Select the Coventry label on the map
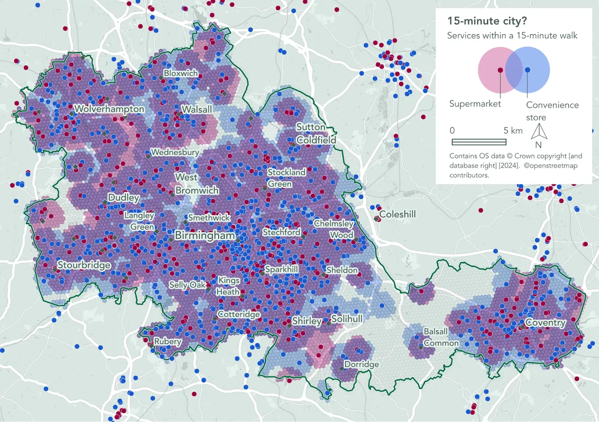pyautogui.click(x=545, y=323)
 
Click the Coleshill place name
pyautogui.click(x=397, y=214)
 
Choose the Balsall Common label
pyautogui.click(x=441, y=338)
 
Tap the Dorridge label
pyautogui.click(x=362, y=365)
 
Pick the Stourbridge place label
pyautogui.click(x=84, y=265)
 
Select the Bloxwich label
pyautogui.click(x=181, y=73)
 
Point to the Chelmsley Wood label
pyautogui.click(x=334, y=229)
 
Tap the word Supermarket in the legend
pyautogui.click(x=475, y=104)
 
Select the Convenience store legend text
pyautogui.click(x=552, y=111)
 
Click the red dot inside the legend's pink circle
pyautogui.click(x=500, y=69)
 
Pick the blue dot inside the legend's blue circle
pyautogui.click(x=527, y=69)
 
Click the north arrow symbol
pyautogui.click(x=538, y=133)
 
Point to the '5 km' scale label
pyautogui.click(x=513, y=130)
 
